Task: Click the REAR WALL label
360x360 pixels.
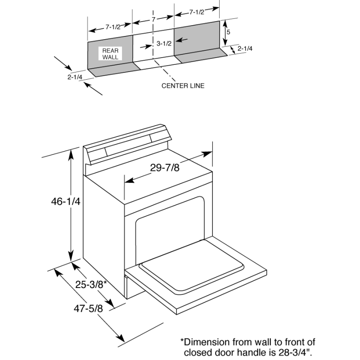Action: coord(110,54)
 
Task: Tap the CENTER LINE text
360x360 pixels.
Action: coord(183,85)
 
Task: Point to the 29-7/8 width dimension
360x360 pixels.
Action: coord(165,168)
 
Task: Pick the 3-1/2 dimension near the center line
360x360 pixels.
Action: coord(165,44)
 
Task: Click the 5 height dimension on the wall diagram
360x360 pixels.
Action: coord(229,32)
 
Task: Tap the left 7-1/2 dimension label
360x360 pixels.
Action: coord(113,27)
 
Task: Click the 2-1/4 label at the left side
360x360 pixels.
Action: coord(75,77)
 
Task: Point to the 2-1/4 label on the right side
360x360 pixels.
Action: coord(245,48)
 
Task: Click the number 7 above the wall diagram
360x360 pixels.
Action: coord(153,20)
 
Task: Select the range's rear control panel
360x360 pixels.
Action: coord(128,145)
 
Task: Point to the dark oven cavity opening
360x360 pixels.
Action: coord(171,229)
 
